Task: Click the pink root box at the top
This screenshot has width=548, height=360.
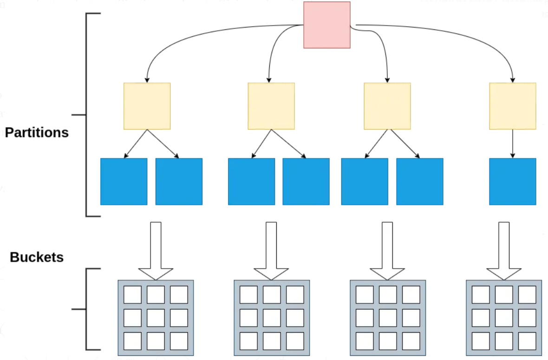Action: (x=326, y=25)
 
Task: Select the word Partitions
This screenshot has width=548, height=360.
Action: (x=37, y=133)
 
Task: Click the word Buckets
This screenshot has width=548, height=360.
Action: (x=37, y=257)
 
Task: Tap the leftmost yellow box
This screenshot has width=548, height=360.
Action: (x=147, y=106)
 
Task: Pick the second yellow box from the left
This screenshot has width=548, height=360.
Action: (x=271, y=106)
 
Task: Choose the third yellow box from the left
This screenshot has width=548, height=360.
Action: (x=387, y=106)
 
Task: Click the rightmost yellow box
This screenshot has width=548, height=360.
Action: (x=512, y=106)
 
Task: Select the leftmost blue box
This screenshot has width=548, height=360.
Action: (x=124, y=182)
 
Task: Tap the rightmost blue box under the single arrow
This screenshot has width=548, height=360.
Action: (x=512, y=182)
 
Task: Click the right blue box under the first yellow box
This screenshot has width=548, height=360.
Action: (x=179, y=182)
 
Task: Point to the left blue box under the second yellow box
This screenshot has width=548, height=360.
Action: (x=251, y=182)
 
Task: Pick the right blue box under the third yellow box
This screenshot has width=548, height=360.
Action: (x=419, y=182)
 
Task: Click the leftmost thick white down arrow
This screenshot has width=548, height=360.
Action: (x=156, y=251)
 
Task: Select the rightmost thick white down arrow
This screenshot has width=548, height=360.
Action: (x=504, y=251)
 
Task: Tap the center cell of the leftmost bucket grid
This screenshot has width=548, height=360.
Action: (x=156, y=318)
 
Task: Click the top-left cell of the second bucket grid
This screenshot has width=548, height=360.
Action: (x=248, y=295)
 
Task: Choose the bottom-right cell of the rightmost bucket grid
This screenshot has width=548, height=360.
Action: (x=527, y=341)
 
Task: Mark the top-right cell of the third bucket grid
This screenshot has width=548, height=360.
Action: (x=411, y=295)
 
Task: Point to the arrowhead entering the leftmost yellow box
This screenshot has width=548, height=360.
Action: (x=147, y=79)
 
